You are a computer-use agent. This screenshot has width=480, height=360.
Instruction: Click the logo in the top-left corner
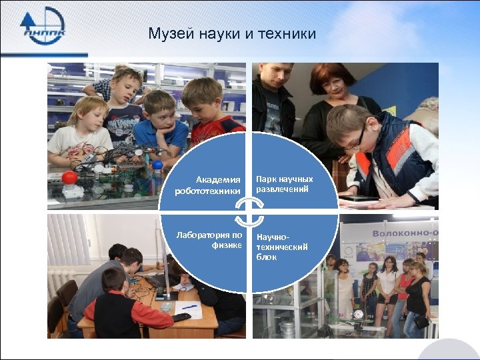point(43,26)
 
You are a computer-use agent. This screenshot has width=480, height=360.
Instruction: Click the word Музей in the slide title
point(169,33)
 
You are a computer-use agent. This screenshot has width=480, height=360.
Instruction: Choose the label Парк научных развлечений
point(284,184)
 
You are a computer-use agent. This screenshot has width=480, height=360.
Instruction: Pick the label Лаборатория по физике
point(209,239)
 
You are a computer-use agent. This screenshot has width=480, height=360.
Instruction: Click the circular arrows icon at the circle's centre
point(246,213)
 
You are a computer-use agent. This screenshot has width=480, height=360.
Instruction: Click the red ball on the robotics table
point(70,178)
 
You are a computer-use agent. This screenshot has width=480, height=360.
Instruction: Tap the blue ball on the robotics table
point(157,165)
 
